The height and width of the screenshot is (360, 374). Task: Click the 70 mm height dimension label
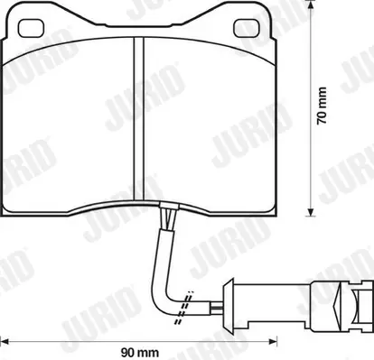click(322, 106)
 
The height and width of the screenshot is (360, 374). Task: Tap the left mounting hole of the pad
click(32, 28)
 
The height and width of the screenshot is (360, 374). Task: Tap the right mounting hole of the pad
click(247, 28)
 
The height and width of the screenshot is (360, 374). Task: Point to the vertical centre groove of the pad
click(138, 119)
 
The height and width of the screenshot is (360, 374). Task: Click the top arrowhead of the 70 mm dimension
click(310, 4)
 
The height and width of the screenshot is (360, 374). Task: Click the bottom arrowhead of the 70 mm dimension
click(310, 212)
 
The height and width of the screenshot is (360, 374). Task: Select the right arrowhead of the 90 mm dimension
click(273, 341)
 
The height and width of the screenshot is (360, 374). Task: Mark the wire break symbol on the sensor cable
click(184, 308)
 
